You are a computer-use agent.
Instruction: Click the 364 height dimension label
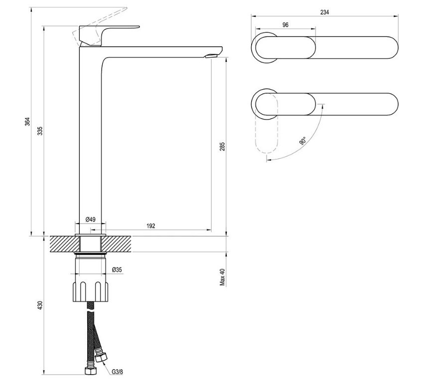(28, 122)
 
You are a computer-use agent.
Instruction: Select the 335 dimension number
(40, 130)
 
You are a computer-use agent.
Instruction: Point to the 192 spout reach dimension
(151, 226)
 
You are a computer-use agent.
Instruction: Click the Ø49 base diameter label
(90, 219)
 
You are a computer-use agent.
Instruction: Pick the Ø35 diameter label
(118, 269)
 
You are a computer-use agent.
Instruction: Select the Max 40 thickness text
(222, 277)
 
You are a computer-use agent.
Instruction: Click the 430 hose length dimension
(40, 304)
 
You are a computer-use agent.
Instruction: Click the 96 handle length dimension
(284, 24)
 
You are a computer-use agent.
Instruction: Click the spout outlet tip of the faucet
(211, 55)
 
